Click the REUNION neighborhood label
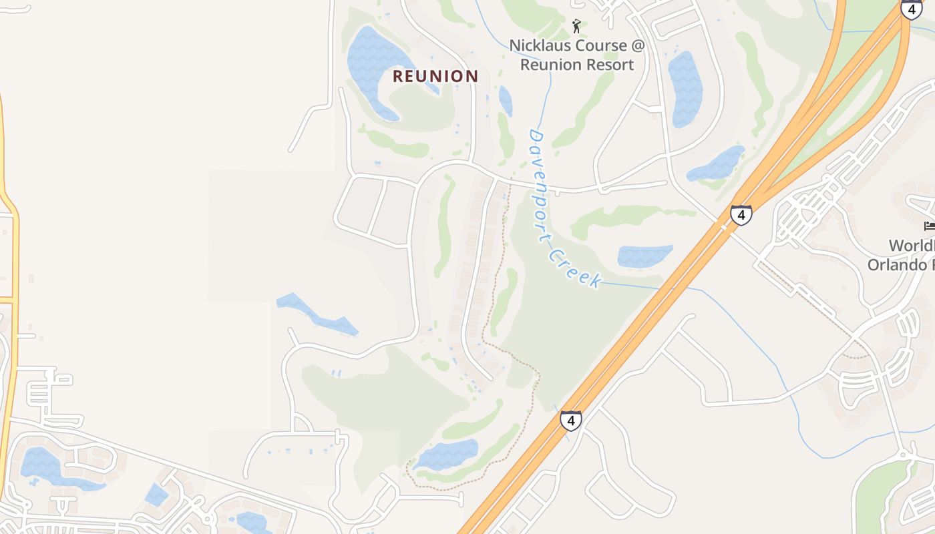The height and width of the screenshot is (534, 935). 435,76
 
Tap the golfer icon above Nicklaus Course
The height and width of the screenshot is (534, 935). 576,26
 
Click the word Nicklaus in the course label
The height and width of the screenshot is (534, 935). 540,45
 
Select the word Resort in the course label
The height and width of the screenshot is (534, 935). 604,65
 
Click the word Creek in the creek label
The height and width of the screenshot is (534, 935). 576,268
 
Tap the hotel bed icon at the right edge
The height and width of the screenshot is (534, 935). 929,226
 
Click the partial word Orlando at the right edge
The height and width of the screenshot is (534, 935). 901,265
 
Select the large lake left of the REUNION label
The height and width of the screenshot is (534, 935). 374,67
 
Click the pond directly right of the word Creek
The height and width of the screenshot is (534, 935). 644,256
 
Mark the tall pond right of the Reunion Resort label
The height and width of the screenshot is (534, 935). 685,87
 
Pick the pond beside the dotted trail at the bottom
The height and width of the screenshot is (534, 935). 446,455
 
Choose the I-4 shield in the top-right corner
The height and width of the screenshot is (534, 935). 912,9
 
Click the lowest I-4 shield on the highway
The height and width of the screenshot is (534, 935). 570,421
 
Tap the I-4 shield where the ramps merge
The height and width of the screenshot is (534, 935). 741,215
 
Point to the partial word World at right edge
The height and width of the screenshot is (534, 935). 912,246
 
